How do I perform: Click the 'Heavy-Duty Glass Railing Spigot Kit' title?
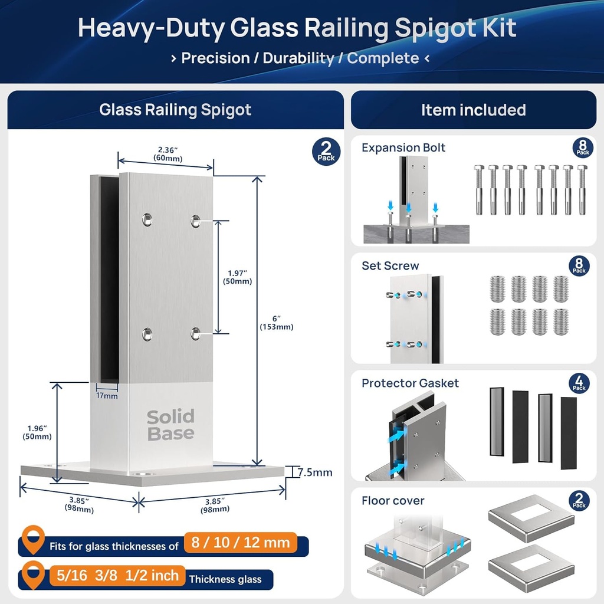(297, 28)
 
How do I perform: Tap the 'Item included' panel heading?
(473, 110)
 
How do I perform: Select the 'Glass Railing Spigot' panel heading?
(175, 110)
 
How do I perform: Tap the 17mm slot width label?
(107, 396)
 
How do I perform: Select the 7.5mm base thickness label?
(315, 472)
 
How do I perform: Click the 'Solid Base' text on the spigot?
(170, 425)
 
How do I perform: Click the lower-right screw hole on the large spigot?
(196, 334)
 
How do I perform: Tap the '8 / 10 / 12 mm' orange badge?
(240, 542)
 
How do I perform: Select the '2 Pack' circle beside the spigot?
(326, 152)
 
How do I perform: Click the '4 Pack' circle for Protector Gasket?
(579, 383)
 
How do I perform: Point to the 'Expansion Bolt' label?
(403, 147)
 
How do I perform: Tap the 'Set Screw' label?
(390, 266)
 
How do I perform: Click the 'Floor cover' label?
(393, 501)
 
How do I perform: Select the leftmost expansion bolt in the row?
(478, 189)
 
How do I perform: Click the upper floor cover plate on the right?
(531, 518)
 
